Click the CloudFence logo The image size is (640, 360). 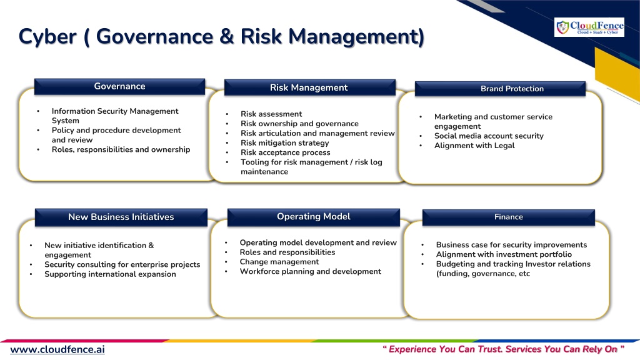point(589,27)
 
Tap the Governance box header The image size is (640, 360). point(119,86)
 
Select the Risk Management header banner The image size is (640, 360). point(310,87)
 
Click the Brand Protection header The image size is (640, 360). point(500,89)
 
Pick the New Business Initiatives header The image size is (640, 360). point(121,217)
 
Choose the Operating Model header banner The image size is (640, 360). point(314,217)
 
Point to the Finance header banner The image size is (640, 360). point(509,217)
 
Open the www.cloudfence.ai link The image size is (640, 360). point(57,350)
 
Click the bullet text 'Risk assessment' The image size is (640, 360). point(271,114)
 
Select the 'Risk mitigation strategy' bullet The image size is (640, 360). point(285,143)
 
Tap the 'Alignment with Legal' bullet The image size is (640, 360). point(474,145)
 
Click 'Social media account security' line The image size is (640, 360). point(489,136)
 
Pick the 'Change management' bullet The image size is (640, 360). point(279,262)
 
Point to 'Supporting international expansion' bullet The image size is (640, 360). point(110,274)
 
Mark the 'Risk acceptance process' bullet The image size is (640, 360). point(285,152)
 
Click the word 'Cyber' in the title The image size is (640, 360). point(47,36)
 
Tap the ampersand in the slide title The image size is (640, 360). point(226,36)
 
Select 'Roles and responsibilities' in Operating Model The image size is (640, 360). point(287,252)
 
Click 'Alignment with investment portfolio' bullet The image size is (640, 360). point(504,254)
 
